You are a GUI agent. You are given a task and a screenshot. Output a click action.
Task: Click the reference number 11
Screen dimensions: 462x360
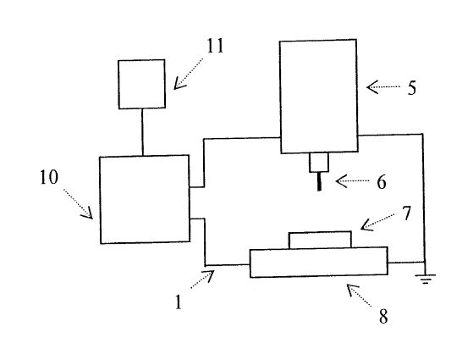tap(216, 46)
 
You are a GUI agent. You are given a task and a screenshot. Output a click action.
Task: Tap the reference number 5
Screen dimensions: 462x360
tap(412, 87)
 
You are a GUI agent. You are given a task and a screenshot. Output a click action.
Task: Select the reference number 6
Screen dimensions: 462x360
tap(382, 181)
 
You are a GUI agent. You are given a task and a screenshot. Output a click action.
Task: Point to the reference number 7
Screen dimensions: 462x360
tap(407, 213)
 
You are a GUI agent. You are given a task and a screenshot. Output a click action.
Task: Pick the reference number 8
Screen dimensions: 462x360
tap(383, 317)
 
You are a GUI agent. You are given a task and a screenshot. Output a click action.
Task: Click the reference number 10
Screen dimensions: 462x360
tap(49, 178)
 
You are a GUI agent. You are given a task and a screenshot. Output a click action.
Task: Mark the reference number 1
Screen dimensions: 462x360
tap(179, 302)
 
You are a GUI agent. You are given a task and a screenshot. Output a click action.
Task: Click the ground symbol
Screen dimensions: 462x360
tap(425, 279)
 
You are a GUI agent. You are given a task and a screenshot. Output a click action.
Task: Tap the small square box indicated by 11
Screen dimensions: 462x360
tap(141, 85)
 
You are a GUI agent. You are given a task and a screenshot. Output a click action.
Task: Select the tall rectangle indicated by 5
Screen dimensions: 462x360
tap(319, 97)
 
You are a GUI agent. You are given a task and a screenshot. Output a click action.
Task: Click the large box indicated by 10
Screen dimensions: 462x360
tap(145, 199)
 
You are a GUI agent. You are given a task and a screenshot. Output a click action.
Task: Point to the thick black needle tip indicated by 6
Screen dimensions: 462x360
tap(319, 181)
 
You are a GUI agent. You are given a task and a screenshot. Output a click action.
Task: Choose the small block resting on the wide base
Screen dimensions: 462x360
tap(320, 240)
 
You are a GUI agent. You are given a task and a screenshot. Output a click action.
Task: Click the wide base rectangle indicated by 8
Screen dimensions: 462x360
tap(318, 263)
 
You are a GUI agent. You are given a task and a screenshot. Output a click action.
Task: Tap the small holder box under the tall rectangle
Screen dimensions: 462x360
tap(319, 162)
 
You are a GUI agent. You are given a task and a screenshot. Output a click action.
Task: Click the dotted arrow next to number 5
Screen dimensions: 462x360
tap(383, 87)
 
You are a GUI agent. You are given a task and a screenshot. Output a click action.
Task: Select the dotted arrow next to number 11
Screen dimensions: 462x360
tap(189, 74)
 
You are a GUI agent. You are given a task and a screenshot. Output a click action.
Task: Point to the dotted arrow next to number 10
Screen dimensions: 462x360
tap(78, 204)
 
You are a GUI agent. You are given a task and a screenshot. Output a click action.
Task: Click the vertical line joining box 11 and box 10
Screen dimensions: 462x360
tap(142, 132)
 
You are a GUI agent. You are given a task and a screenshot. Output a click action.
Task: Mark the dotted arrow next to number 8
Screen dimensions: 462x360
tap(359, 296)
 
